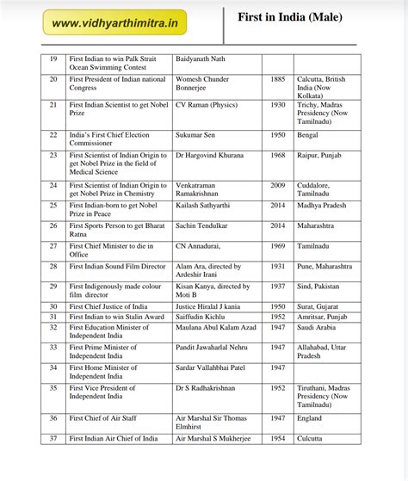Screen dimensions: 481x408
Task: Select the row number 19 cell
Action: tap(53, 58)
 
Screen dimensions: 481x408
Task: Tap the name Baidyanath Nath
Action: tap(205, 58)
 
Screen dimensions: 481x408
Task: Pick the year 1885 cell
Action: tap(277, 79)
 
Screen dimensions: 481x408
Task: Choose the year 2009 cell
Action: tap(277, 186)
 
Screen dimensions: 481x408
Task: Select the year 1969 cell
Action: tap(277, 246)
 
